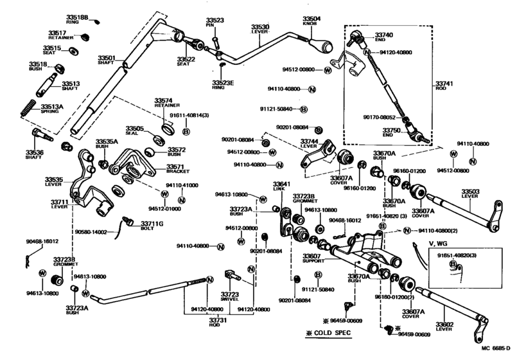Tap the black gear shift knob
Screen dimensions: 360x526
pyautogui.click(x=324, y=46)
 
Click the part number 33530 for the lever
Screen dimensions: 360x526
pyautogui.click(x=260, y=28)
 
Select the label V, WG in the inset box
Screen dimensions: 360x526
pyautogui.click(x=439, y=244)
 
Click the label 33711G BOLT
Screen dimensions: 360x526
pyautogui.click(x=152, y=225)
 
